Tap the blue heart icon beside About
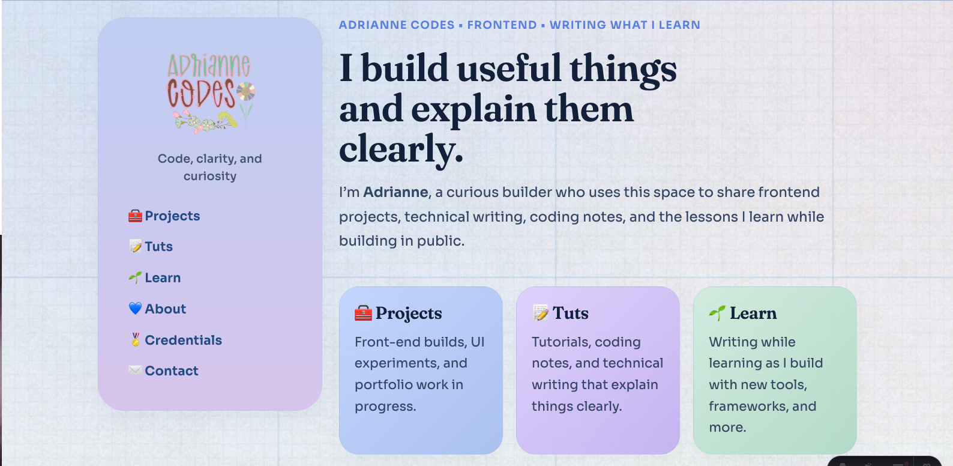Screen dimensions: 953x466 135,309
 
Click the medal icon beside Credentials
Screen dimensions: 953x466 135,340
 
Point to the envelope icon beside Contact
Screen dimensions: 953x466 135,371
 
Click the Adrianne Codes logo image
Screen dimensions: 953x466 210,92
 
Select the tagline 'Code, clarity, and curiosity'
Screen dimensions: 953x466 210,168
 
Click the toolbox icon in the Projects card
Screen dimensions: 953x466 363,313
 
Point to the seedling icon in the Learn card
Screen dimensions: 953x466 717,313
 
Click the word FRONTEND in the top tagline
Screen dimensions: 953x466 502,25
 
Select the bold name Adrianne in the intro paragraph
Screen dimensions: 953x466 395,192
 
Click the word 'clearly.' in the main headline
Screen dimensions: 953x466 401,149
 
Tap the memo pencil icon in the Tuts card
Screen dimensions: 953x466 540,313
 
